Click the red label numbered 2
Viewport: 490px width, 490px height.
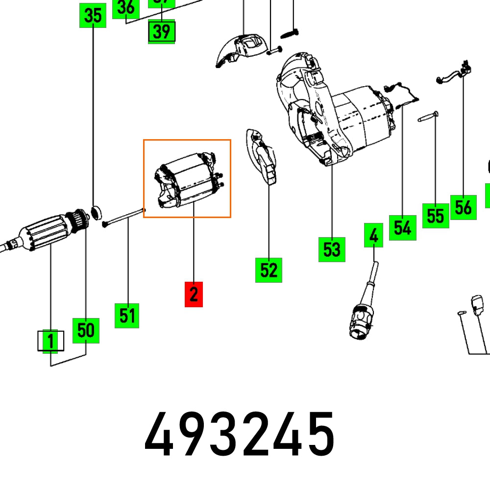point(194,294)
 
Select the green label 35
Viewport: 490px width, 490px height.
point(93,16)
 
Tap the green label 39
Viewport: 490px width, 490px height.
point(161,32)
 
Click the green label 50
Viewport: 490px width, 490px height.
point(86,330)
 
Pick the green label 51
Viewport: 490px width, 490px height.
point(127,316)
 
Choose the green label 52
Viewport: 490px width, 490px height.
point(269,270)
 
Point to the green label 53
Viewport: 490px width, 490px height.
point(332,249)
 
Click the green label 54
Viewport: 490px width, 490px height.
point(402,227)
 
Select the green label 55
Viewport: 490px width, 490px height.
point(436,216)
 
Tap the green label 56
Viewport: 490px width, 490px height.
point(463,207)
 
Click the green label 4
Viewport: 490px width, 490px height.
point(373,235)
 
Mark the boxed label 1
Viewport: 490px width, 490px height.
point(51,341)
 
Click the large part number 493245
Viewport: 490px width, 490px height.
point(240,435)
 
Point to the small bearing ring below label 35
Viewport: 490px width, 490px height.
point(97,212)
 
